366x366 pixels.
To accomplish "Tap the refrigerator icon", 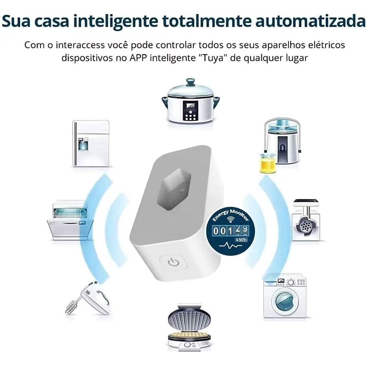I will pyautogui.click(x=91, y=143).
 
